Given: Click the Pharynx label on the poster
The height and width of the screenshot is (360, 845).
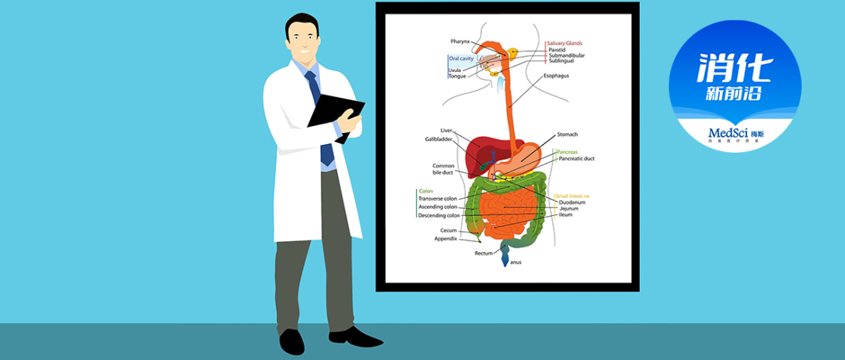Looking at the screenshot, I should click(x=460, y=41).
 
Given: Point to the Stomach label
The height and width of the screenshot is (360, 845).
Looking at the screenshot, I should click(x=567, y=135).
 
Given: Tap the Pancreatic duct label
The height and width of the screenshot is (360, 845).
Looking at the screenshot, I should click(x=577, y=159).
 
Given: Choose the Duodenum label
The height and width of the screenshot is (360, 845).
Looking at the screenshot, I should click(x=572, y=203).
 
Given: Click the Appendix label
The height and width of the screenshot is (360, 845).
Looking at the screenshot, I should click(x=445, y=239).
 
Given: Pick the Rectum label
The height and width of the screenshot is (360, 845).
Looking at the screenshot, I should click(x=484, y=254).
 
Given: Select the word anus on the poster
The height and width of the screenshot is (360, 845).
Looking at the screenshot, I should click(x=516, y=263).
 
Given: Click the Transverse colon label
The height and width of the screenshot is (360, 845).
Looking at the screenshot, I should click(x=438, y=199).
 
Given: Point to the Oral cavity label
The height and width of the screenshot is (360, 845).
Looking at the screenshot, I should click(x=461, y=59).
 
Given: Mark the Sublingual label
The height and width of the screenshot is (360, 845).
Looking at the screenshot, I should click(x=561, y=61).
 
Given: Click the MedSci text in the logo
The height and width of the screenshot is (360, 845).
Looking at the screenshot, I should click(x=728, y=132).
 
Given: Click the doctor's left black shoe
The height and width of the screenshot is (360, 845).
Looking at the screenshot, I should click(x=292, y=341).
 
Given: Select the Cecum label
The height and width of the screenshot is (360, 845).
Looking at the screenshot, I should click(x=448, y=230).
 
